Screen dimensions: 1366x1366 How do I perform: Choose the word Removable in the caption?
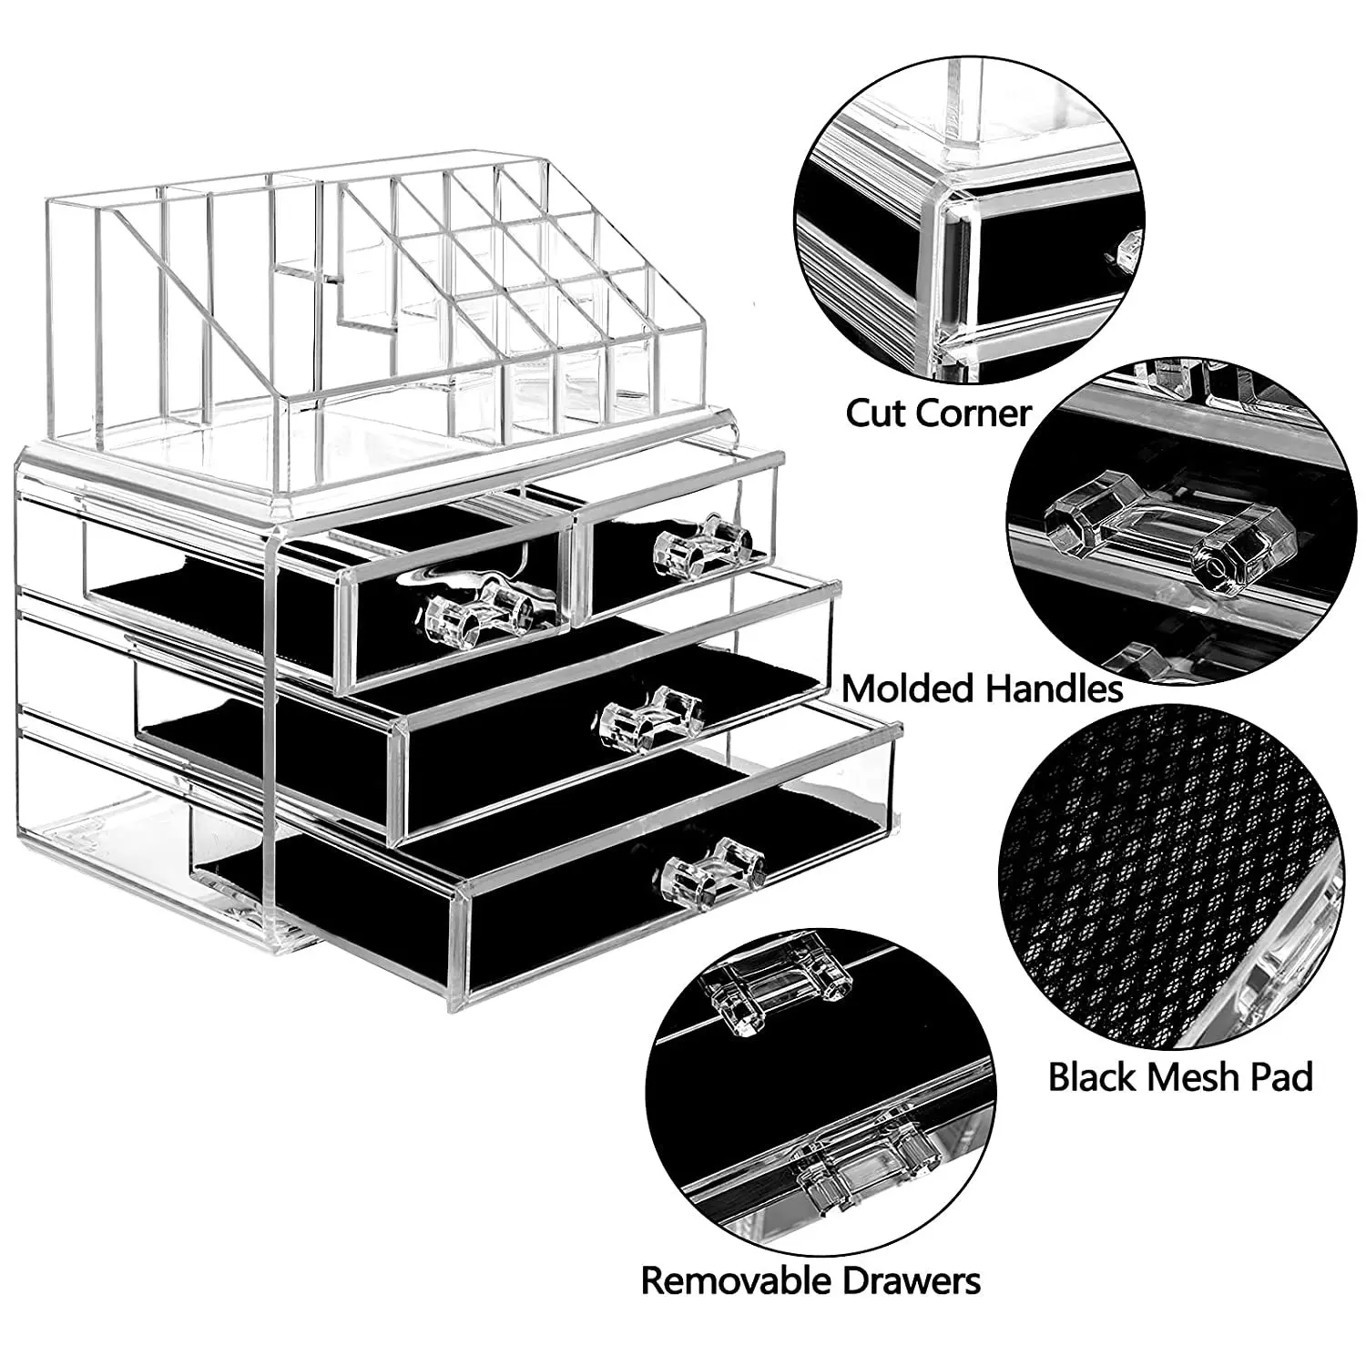point(737,1280)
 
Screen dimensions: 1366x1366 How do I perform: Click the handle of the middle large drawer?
point(652,718)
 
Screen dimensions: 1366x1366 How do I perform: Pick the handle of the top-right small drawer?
point(702,545)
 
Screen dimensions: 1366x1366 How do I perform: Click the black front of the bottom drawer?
point(565,947)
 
